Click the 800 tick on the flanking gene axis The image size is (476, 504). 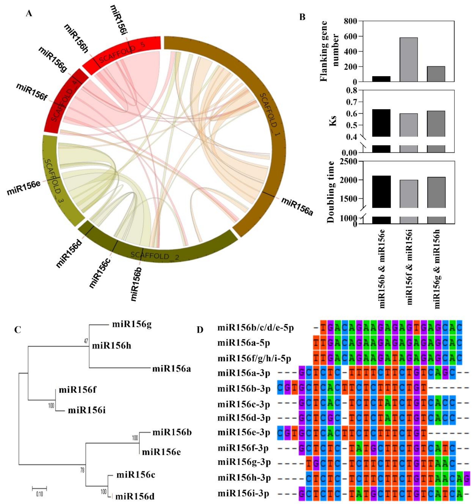click(x=350, y=21)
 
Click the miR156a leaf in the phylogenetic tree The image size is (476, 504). click(x=171, y=369)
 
